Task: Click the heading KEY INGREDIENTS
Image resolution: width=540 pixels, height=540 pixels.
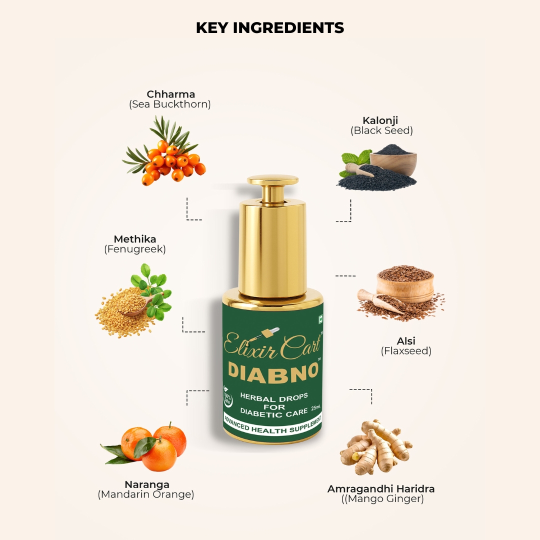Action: point(270,28)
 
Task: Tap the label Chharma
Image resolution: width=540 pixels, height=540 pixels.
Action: point(171,94)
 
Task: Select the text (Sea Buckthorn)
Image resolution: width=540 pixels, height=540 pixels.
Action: point(170,104)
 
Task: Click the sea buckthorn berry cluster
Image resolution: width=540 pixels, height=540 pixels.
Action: point(164,151)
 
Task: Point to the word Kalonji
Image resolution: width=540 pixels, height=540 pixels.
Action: point(380,120)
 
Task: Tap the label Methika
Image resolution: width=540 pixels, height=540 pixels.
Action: point(135,239)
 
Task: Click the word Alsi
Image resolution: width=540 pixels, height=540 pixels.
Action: point(406,341)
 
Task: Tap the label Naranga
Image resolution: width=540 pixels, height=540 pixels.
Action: point(147,485)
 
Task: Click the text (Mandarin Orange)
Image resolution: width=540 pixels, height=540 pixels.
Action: point(146,495)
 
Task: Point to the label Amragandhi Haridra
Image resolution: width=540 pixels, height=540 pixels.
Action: point(381,489)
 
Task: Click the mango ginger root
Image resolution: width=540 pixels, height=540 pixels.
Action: point(376,446)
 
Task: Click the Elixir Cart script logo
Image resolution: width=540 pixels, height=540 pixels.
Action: point(272,344)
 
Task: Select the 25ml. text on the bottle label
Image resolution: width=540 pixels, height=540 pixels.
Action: point(316,408)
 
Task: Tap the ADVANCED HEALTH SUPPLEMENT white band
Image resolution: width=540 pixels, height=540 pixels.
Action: point(272,425)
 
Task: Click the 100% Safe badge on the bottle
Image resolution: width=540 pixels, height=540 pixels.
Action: point(228,395)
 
